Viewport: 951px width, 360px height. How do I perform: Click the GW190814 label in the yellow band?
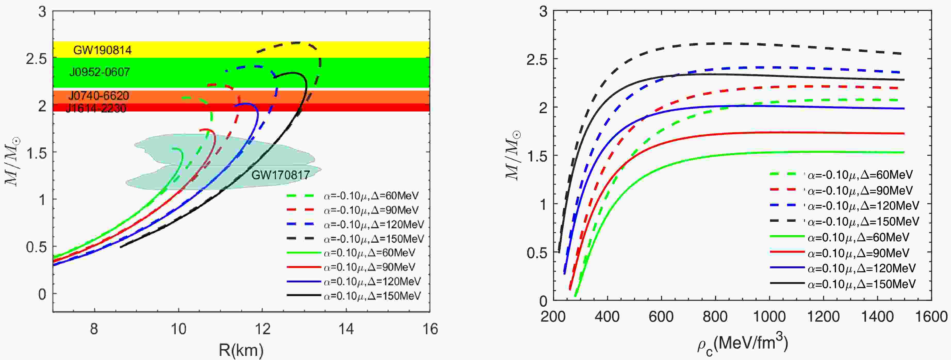click(102, 50)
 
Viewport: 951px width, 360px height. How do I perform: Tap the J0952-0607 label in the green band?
click(100, 72)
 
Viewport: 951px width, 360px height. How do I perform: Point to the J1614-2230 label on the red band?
click(96, 108)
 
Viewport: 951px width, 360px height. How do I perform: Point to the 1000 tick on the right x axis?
click(769, 316)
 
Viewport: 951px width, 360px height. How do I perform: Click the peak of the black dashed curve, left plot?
click(297, 43)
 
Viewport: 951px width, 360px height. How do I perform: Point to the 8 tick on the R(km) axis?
click(94, 328)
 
